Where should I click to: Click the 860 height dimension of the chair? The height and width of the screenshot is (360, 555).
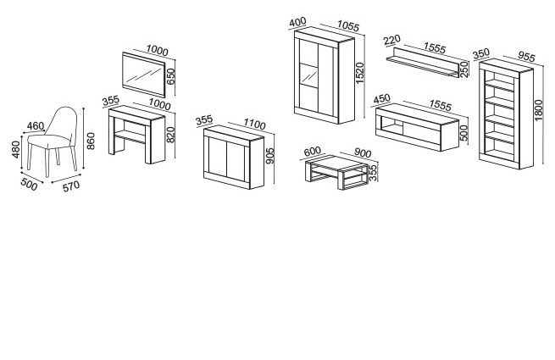pos(91,141)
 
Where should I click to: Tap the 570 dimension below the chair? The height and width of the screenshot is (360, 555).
pos(71,186)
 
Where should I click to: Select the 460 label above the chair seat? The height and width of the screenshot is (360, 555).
pos(36,126)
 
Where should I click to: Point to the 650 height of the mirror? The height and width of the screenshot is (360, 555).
pos(170,76)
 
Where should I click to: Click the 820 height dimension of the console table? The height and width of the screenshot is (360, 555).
pos(170,135)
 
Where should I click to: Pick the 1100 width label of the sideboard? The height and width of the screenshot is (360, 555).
pos(254,124)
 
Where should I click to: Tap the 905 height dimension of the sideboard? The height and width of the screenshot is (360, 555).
pos(269,156)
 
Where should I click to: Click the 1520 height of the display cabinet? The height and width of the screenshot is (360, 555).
pos(359,73)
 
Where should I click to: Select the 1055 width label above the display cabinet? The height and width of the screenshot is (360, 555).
pos(348,25)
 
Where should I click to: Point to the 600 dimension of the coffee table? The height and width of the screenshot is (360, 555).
pos(312,151)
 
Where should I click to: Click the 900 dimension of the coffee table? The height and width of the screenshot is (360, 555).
pos(363,153)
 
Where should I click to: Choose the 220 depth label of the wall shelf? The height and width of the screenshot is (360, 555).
pos(391,40)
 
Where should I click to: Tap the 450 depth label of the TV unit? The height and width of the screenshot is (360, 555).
pos(381,98)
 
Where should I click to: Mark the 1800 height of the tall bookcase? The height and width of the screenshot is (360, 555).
pos(538,110)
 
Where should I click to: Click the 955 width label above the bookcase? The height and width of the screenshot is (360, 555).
pos(527,56)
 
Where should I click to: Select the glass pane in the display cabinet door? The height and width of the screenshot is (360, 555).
pos(308,75)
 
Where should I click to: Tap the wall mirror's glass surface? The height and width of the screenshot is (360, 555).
pos(143,74)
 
